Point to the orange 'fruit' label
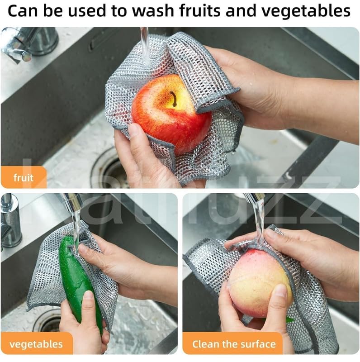(24, 177)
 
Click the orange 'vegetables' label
(36, 344)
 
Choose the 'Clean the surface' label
(233, 344)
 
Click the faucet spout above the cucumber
(72, 201)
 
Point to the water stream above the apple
(144, 45)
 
